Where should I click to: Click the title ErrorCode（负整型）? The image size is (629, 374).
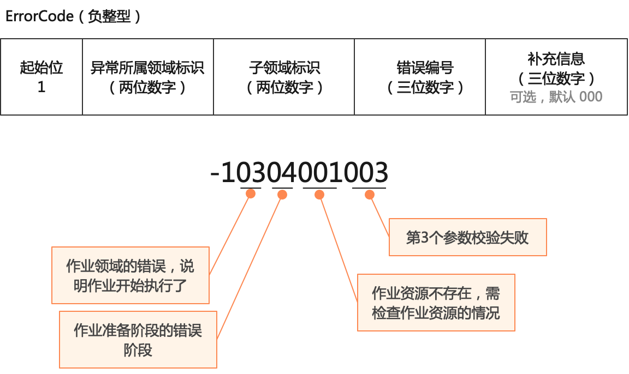[x=73, y=16]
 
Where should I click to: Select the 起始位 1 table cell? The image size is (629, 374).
[x=41, y=77]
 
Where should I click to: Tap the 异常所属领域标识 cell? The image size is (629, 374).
[x=147, y=77]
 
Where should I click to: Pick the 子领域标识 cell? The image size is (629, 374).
[x=284, y=77]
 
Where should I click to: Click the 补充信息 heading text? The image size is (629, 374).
[x=556, y=58]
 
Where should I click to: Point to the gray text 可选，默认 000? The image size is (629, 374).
[x=556, y=97]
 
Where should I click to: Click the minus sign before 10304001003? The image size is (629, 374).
[x=215, y=173]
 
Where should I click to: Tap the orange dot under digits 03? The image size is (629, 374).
[x=251, y=194]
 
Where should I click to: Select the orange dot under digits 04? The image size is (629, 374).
[x=282, y=194]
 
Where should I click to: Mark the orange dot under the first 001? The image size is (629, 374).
[x=320, y=194]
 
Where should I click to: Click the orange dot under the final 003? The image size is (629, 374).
[x=369, y=194]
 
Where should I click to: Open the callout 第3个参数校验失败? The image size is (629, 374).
[x=467, y=237]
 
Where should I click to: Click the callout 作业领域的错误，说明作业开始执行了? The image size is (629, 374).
[x=130, y=275]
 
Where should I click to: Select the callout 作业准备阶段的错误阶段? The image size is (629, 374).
[x=138, y=339]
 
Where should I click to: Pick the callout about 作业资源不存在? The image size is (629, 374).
[x=436, y=303]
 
